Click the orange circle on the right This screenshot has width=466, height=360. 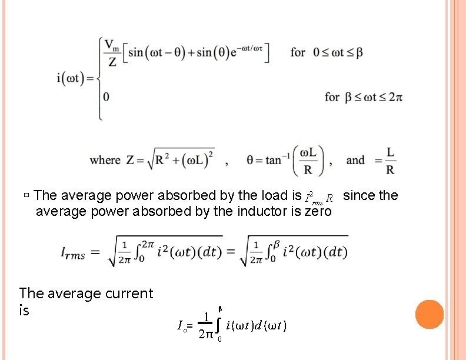click(x=430, y=314)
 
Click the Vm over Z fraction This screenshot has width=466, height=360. click(x=112, y=52)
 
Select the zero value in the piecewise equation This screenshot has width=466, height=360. click(x=106, y=97)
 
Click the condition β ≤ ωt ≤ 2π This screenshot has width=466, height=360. click(x=363, y=97)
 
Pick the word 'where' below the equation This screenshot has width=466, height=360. click(x=105, y=160)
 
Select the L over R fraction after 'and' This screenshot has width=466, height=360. click(x=390, y=161)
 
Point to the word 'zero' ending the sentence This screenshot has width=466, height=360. click(x=317, y=211)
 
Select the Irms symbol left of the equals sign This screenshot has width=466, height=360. click(x=73, y=253)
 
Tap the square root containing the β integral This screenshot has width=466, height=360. click(x=294, y=252)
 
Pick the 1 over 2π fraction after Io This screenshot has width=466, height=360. click(x=205, y=326)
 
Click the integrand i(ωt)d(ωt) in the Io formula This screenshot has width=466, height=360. click(x=256, y=325)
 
